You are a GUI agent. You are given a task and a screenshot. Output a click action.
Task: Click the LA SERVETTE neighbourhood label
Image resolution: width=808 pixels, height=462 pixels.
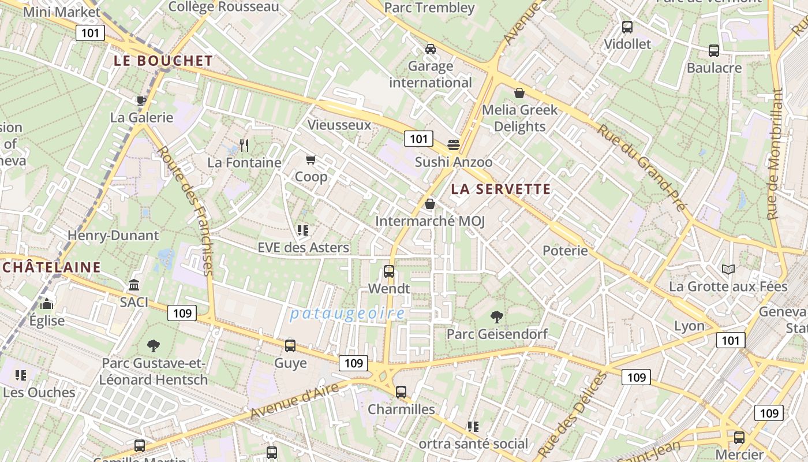pyautogui.click(x=501, y=189)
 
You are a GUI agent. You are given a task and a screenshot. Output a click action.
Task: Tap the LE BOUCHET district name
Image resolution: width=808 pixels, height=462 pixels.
pyautogui.click(x=163, y=61)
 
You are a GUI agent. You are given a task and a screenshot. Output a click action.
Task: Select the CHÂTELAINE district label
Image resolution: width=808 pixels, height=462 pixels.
pyautogui.click(x=51, y=267)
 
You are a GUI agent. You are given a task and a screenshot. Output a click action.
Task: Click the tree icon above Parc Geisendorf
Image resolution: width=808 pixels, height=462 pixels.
pyautogui.click(x=496, y=316)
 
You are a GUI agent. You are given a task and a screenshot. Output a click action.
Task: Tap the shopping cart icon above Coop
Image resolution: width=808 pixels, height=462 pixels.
pyautogui.click(x=311, y=159)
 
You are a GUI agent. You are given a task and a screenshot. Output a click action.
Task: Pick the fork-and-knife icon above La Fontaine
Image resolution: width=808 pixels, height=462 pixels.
pyautogui.click(x=244, y=145)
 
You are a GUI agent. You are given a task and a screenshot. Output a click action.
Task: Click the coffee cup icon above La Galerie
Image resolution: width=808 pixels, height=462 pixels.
pyautogui.click(x=141, y=100)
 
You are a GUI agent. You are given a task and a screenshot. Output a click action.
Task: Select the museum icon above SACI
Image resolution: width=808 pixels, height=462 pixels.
pyautogui.click(x=134, y=285)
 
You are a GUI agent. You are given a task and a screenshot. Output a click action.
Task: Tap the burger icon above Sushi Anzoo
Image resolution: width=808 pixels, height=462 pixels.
pyautogui.click(x=454, y=144)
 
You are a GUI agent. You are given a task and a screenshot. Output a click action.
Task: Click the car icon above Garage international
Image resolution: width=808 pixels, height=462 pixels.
pyautogui.click(x=431, y=49)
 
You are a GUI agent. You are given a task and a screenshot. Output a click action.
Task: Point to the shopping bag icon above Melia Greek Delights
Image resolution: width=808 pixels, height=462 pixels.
pyautogui.click(x=519, y=92)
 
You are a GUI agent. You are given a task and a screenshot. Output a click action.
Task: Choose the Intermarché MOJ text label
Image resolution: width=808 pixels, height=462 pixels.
pyautogui.click(x=430, y=221)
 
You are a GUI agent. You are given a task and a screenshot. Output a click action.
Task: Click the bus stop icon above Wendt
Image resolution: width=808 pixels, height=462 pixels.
pyautogui.click(x=389, y=271)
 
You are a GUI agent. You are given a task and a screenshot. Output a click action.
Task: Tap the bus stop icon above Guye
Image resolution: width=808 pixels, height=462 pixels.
pyautogui.click(x=290, y=345)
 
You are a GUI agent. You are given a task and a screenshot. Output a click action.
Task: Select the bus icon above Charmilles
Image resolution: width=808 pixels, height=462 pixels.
pyautogui.click(x=401, y=392)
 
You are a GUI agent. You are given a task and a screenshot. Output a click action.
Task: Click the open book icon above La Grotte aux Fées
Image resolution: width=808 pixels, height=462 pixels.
pyautogui.click(x=728, y=269)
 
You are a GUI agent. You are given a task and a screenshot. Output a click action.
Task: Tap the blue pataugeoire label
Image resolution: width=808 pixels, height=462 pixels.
pyautogui.click(x=347, y=314)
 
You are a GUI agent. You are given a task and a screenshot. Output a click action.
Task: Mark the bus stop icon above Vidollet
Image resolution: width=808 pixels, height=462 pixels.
pyautogui.click(x=627, y=27)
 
